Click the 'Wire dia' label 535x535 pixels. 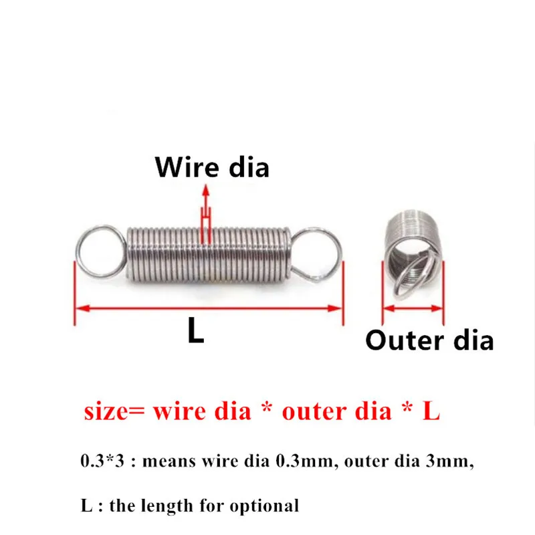click(x=212, y=167)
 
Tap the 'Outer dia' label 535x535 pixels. click(x=429, y=340)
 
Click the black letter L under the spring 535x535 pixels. click(x=196, y=330)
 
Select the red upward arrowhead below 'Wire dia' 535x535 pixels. click(x=205, y=190)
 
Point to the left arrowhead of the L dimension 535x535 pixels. click(x=82, y=308)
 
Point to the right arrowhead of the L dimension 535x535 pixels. click(x=335, y=308)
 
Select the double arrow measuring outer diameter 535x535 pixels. click(x=413, y=308)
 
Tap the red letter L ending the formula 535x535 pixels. click(x=431, y=411)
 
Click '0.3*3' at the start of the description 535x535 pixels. click(x=102, y=461)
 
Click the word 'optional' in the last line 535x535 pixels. click(x=264, y=506)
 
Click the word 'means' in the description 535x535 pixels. click(x=169, y=462)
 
